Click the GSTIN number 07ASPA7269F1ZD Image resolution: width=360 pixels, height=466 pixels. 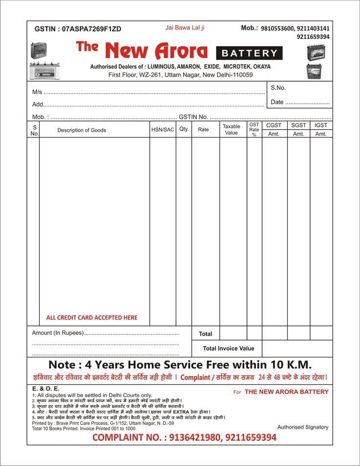tap(91, 29)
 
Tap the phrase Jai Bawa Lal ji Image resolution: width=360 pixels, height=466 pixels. tap(185, 28)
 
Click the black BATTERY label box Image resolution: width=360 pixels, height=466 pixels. tap(249, 53)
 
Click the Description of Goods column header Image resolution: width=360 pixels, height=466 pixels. tap(82, 130)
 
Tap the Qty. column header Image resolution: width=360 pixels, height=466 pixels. tap(184, 129)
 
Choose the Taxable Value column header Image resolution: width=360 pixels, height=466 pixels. tap(231, 129)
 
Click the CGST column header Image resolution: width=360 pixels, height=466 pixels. tap(274, 126)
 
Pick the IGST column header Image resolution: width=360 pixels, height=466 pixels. tap(321, 126)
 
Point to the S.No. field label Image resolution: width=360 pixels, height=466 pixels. tap(278, 88)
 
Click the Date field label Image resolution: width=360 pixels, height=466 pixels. tap(277, 102)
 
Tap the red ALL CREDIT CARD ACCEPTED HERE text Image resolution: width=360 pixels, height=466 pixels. tap(92, 318)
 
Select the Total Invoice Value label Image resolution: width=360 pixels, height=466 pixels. tap(229, 349)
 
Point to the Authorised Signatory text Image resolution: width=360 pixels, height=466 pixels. tap(303, 427)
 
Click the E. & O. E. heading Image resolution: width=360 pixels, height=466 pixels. tap(45, 389)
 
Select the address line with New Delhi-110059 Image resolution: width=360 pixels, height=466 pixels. tap(180, 75)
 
